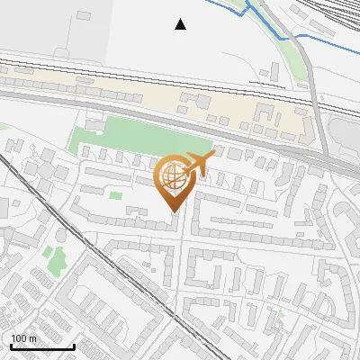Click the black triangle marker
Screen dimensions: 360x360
coord(181,24)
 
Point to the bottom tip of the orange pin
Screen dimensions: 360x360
coord(172,212)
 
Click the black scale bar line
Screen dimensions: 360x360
coord(41,346)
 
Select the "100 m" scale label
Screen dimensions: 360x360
coord(23,338)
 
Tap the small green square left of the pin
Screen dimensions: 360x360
coord(115,194)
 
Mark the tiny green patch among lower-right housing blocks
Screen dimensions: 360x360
coord(280,313)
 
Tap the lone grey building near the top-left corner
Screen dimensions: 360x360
coord(84,16)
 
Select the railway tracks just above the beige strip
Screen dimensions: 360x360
coord(135,73)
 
